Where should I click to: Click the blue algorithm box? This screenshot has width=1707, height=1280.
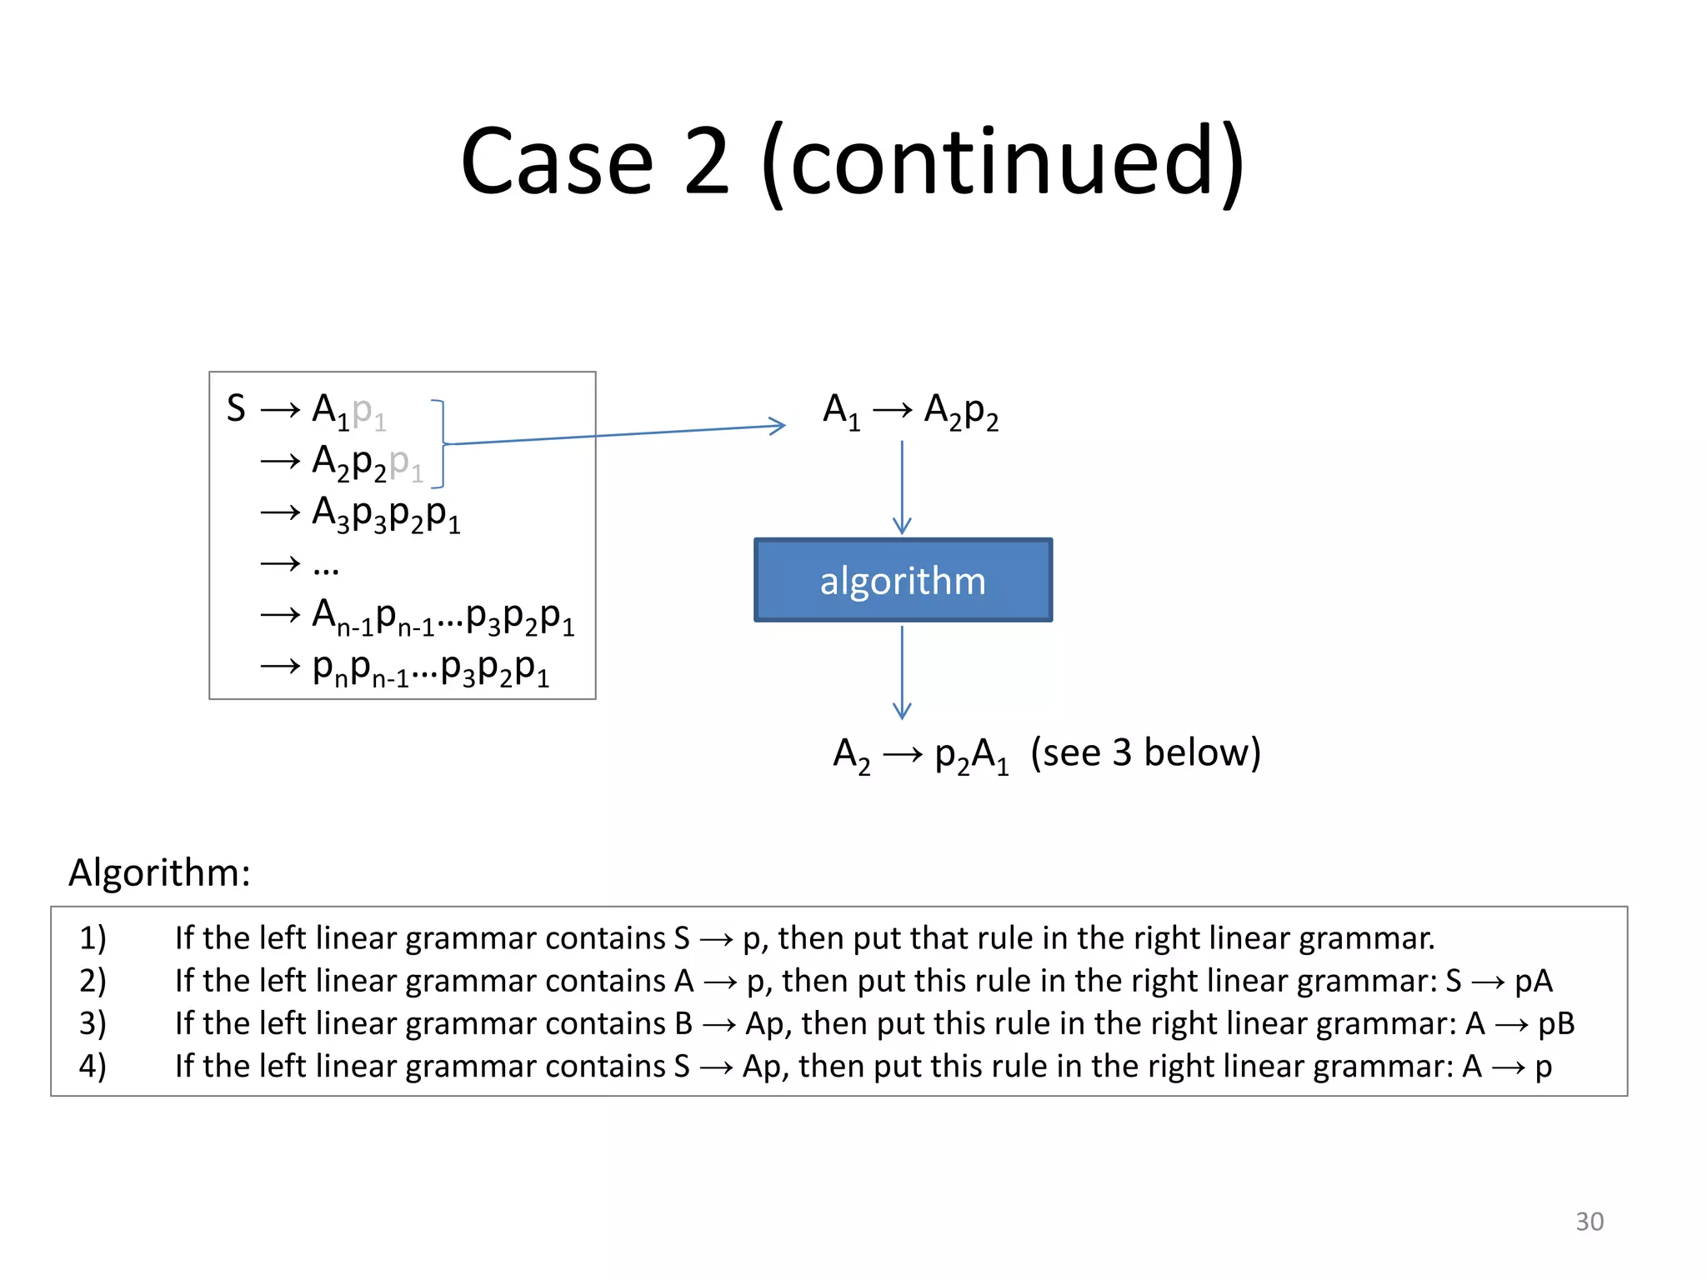(x=903, y=580)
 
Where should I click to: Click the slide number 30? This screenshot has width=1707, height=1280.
(x=1589, y=1221)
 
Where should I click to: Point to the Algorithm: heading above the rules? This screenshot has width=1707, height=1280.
(x=159, y=872)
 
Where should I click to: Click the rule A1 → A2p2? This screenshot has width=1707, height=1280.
(x=910, y=412)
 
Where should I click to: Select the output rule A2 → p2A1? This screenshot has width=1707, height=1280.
(x=921, y=755)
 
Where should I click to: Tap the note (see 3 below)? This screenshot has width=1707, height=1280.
(x=1145, y=752)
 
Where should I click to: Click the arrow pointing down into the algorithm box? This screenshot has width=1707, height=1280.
(x=902, y=488)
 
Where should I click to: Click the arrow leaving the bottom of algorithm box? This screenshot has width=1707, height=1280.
(x=902, y=673)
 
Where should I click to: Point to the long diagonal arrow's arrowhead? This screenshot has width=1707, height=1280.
(x=778, y=426)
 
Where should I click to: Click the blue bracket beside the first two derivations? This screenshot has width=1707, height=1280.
(x=440, y=443)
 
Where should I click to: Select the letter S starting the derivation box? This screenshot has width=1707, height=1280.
(x=236, y=408)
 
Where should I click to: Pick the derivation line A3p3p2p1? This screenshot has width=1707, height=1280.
(x=385, y=513)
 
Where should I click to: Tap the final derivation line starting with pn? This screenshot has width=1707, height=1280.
(x=430, y=668)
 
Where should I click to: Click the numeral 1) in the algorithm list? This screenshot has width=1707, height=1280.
(x=93, y=938)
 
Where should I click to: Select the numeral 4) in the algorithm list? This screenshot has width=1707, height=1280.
(x=93, y=1066)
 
